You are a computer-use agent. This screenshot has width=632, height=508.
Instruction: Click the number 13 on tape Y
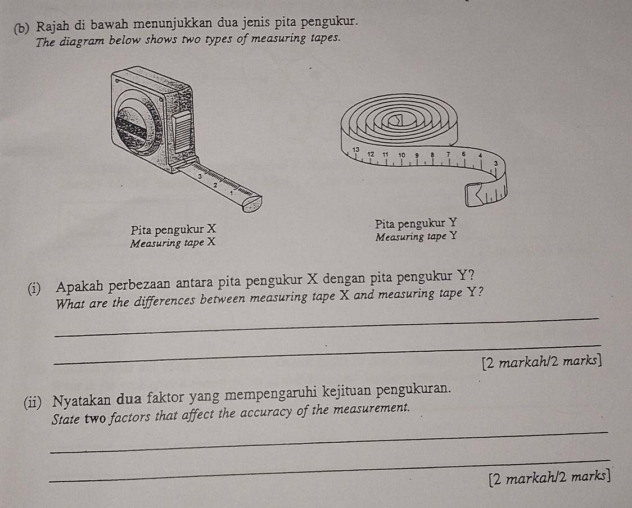coord(355,148)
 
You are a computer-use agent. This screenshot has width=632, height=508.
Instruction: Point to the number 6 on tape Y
coord(464,153)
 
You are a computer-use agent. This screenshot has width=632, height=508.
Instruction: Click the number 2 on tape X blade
coord(214,184)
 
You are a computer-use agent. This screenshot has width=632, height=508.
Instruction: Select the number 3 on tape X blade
coord(200,176)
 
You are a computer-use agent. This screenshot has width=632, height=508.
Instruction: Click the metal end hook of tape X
coord(251,204)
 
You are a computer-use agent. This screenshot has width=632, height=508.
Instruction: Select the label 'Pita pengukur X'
coord(173,230)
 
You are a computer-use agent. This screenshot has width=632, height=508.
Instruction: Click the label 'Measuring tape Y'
coord(416,237)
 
